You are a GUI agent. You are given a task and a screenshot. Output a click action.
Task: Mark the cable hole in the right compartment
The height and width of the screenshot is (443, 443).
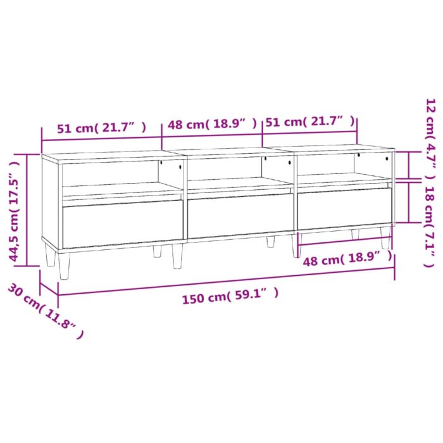[x=358, y=156]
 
